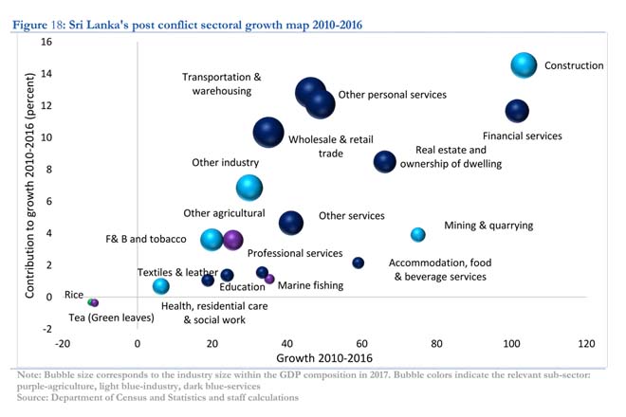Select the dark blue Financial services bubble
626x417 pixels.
517,111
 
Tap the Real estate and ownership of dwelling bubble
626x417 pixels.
384,162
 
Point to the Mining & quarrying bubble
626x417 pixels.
418,234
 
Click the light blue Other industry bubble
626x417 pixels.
249,188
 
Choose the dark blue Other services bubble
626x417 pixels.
291,223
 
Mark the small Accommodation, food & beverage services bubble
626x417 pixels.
359,263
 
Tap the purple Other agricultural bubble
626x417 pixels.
232,240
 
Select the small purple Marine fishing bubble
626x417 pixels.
269,280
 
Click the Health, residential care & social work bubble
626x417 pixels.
161,286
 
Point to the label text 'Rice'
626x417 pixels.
74,295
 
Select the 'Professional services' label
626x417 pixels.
295,253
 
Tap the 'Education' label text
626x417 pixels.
242,287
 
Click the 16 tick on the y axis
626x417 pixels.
46,43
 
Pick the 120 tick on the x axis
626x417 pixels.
585,343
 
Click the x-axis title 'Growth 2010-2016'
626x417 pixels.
323,358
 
